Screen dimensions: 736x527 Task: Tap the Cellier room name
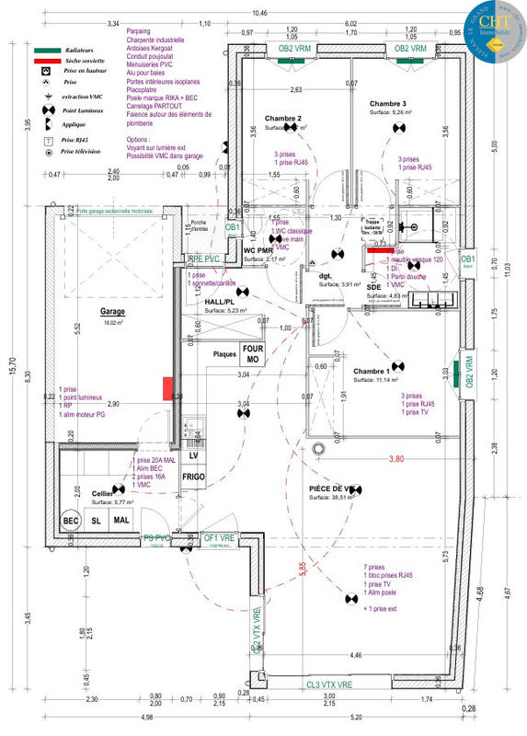(102, 494)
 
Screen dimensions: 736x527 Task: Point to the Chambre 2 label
(283, 120)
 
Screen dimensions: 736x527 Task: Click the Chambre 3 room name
(387, 105)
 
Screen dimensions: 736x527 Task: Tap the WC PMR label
(258, 250)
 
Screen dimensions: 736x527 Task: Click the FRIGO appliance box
(193, 477)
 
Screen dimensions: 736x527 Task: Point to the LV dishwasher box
(193, 455)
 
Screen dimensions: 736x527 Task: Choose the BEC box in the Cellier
(71, 520)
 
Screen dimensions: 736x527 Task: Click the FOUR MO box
(253, 354)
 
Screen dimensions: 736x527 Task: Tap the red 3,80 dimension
(396, 458)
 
